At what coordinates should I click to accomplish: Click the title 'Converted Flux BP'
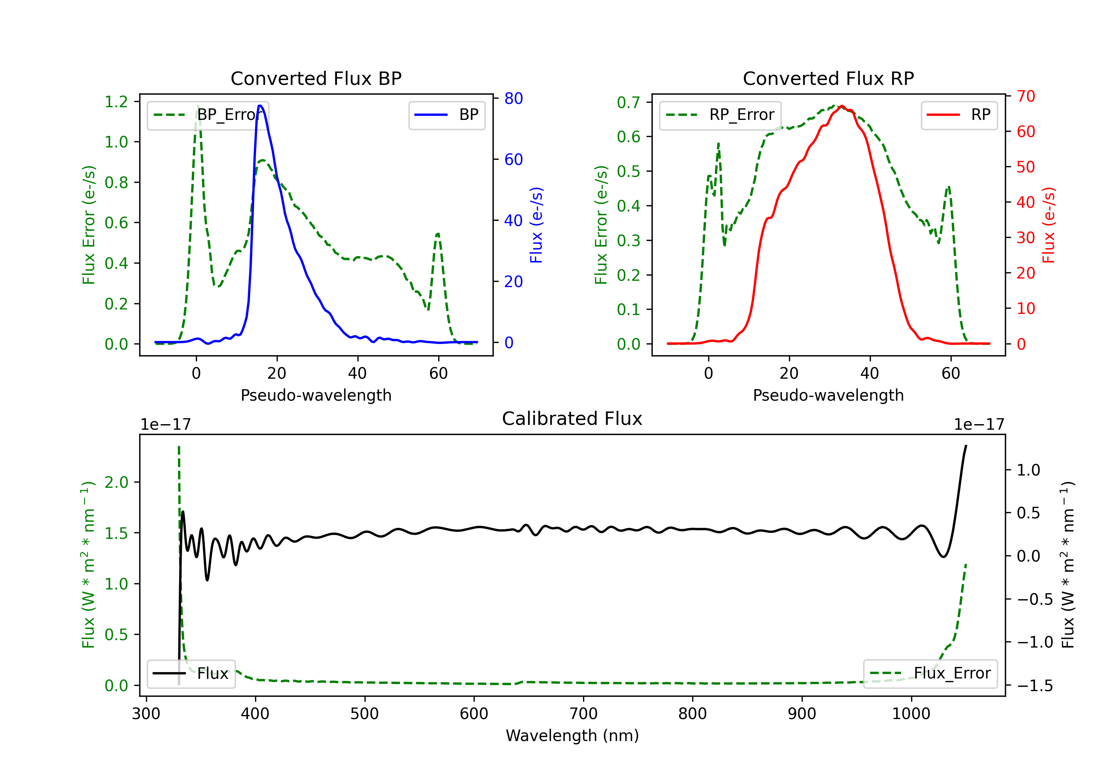(316, 78)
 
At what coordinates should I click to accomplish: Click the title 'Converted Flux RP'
(828, 78)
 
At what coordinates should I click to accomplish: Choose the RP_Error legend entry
(720, 115)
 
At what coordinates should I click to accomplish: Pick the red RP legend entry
(959, 115)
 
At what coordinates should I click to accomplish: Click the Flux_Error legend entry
(930, 674)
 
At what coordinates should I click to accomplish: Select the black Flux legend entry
(191, 674)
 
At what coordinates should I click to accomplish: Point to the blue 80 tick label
(513, 99)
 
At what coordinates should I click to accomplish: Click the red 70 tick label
(1025, 96)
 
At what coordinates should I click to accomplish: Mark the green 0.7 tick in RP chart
(628, 103)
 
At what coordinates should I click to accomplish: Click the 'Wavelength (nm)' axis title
(572, 735)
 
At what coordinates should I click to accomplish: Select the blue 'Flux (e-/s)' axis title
(536, 225)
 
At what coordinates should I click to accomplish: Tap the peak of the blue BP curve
(260, 106)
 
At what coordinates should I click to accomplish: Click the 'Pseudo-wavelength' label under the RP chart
(828, 395)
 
